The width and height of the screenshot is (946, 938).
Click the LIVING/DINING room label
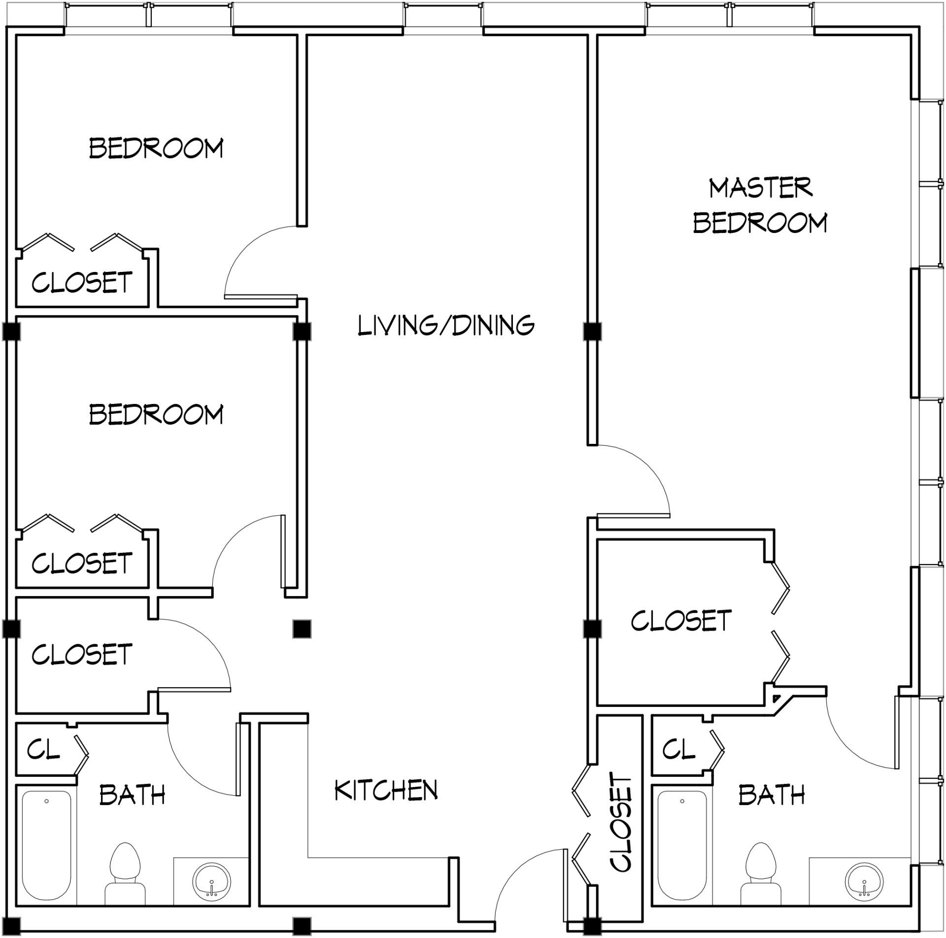(x=446, y=326)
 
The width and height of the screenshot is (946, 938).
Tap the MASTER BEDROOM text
(x=760, y=205)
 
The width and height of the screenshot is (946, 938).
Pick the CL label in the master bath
(x=678, y=750)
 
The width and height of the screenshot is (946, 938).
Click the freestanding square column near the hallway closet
(x=302, y=629)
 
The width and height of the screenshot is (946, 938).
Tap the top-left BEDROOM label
(x=156, y=148)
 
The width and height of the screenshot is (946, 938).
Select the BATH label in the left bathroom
(x=132, y=795)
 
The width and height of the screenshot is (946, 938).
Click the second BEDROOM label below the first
(x=156, y=414)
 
